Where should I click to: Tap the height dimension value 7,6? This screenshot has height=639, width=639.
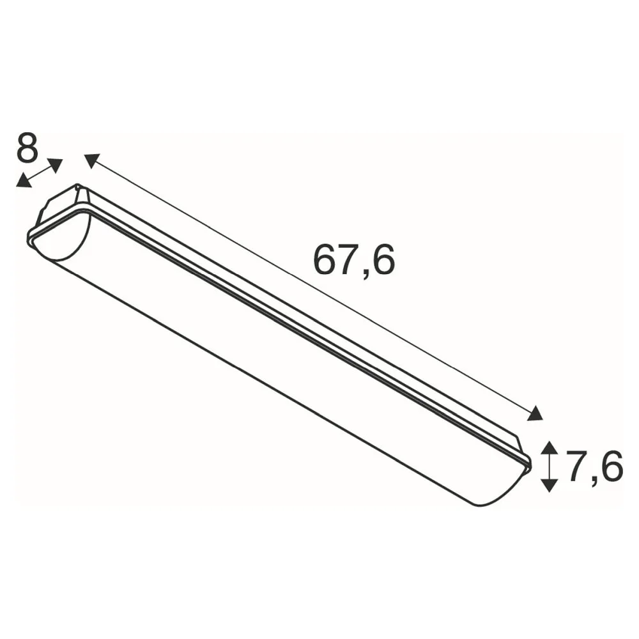[594, 466]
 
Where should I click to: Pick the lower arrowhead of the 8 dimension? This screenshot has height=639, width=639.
[24, 181]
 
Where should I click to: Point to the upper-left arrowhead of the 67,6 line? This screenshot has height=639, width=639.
[92, 160]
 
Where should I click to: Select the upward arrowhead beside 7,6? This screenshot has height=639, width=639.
[550, 449]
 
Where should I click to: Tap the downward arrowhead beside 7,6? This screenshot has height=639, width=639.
[550, 486]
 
